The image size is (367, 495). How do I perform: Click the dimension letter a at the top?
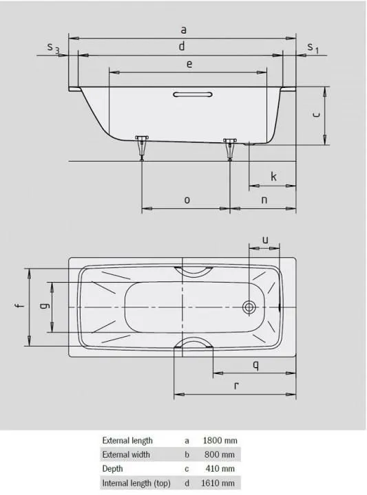[182, 30]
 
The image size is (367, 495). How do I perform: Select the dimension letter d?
[182, 46]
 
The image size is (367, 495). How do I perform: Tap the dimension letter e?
[189, 63]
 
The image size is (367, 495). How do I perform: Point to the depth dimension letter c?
[315, 115]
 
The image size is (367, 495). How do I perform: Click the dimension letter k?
[273, 177]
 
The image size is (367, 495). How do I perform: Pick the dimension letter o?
[187, 199]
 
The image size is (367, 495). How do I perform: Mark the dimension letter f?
[20, 307]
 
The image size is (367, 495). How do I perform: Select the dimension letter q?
[255, 365]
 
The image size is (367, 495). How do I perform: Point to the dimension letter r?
[236, 386]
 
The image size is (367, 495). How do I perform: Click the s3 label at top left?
[53, 47]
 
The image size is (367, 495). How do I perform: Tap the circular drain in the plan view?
[250, 307]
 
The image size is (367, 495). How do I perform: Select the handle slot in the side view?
[193, 94]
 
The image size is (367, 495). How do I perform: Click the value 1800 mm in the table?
[218, 440]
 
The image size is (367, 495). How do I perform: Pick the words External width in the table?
[127, 454]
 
